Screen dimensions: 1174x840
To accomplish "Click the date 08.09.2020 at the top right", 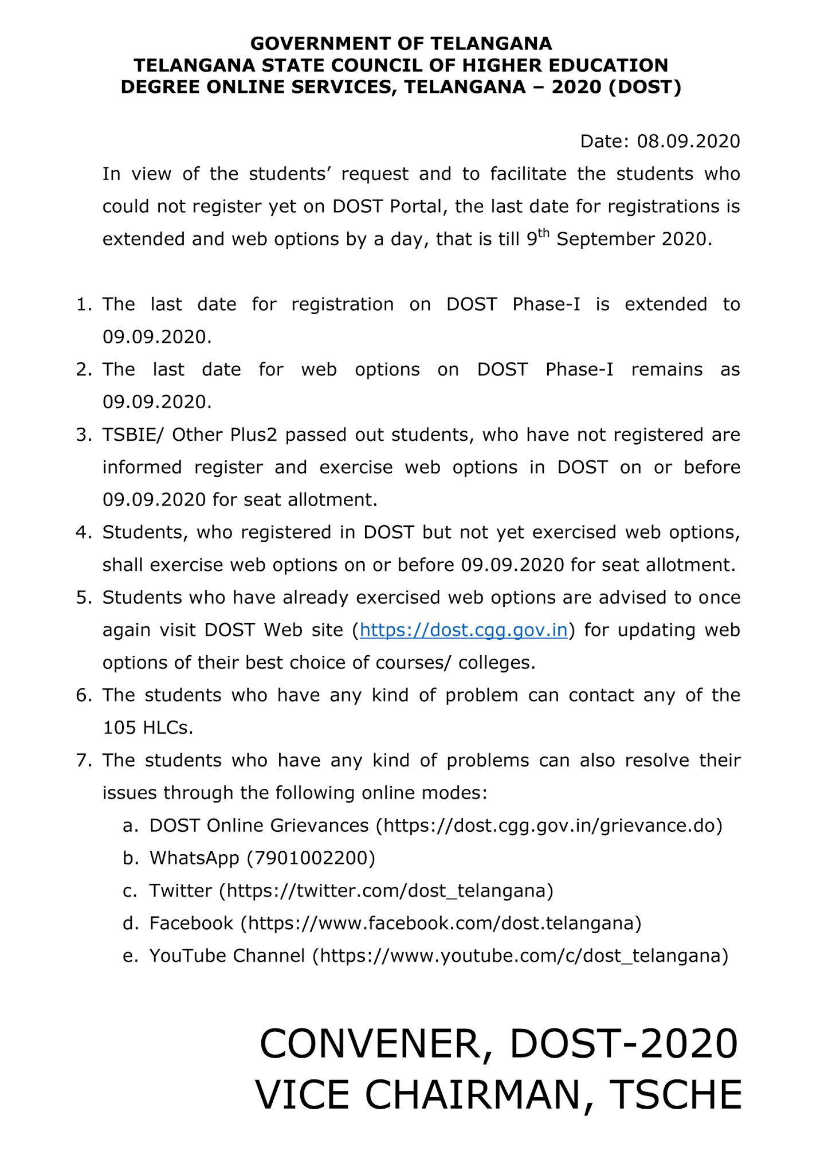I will click(688, 141).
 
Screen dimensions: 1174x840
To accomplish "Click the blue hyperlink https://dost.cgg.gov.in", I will click(464, 631).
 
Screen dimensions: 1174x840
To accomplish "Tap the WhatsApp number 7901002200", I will click(311, 858).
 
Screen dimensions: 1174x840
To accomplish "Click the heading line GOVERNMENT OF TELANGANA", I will click(401, 44).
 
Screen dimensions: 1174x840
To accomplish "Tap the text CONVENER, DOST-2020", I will click(498, 1044).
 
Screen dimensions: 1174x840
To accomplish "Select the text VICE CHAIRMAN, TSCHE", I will click(498, 1095).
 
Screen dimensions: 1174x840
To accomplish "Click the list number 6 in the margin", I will click(84, 696).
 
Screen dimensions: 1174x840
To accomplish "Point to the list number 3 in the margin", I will click(84, 436).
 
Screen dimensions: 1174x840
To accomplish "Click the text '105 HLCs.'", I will click(148, 728).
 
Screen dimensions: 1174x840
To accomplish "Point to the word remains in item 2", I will click(666, 370).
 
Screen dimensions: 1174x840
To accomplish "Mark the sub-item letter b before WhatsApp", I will click(131, 858).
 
